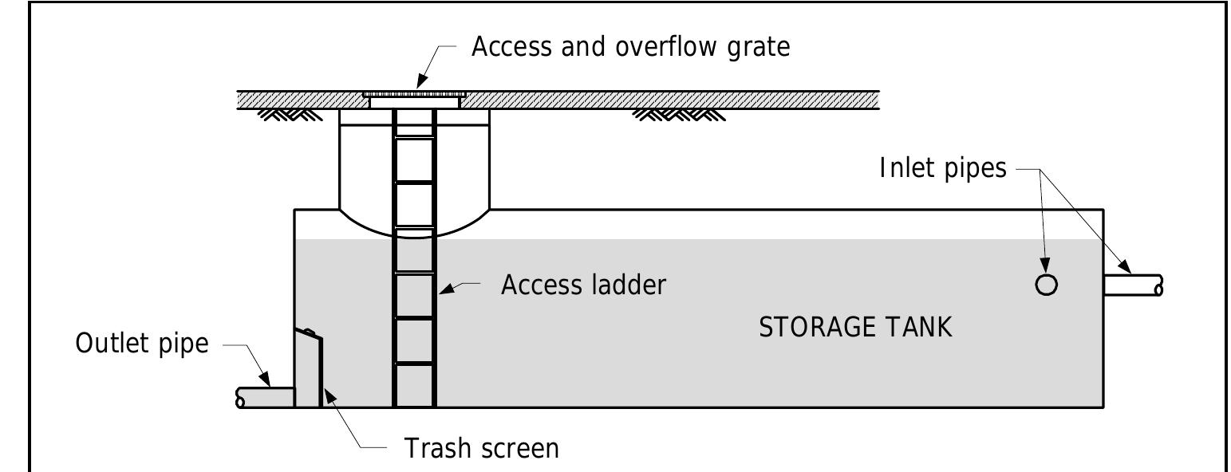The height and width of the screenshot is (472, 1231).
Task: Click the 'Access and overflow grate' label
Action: pos(630,48)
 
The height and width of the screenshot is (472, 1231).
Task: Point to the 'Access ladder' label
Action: pos(582,285)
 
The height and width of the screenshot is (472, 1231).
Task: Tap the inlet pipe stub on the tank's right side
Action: pos(1133,285)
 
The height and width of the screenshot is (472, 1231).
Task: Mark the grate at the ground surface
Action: pos(413,94)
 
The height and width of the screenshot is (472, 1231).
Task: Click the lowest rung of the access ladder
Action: pos(414,364)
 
